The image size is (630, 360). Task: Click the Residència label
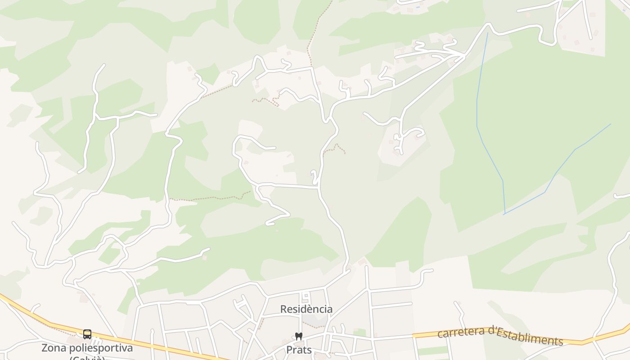pos(306,309)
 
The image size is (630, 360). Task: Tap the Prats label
pos(299,350)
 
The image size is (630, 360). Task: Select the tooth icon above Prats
pos(297,336)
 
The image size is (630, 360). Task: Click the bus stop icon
pos(87,334)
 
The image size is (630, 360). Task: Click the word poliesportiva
pos(104,348)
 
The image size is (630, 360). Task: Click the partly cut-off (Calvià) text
pos(87,358)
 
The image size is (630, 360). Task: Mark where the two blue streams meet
pos(504,214)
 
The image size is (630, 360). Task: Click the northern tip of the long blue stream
pos(487,33)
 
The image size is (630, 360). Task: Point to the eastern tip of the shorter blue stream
pos(611,124)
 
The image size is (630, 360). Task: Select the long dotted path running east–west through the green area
pos(211,198)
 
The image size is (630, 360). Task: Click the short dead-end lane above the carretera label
pos(460,310)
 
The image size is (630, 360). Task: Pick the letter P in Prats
pos(289,350)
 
